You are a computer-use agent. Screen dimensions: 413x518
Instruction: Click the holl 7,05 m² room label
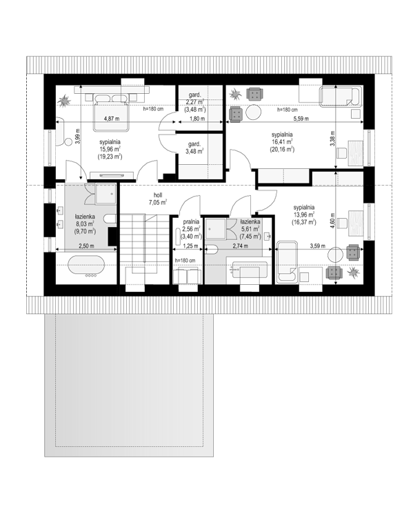tap(158, 199)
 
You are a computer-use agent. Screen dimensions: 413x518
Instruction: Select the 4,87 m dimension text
tap(112, 119)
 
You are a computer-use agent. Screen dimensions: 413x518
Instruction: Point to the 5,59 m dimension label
tap(301, 119)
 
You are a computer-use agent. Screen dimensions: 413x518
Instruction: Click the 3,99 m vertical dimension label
tap(77, 136)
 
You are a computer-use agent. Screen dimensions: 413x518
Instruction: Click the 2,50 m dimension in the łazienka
tap(86, 246)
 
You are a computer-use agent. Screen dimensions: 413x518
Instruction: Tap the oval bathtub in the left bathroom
tap(86, 266)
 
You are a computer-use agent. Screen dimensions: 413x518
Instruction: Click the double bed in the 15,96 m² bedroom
tap(110, 112)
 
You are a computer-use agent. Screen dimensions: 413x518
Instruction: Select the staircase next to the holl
tap(144, 243)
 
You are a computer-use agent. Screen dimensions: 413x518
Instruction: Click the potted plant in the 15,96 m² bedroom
tap(63, 101)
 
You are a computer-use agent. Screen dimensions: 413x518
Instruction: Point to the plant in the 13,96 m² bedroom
tap(354, 272)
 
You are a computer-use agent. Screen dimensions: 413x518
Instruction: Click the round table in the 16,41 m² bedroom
tap(254, 112)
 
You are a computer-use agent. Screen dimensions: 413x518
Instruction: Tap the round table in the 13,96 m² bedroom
tap(335, 255)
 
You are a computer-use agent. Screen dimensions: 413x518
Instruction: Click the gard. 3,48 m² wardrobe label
tap(194, 148)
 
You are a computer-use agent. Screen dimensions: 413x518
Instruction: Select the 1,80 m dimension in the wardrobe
tap(197, 119)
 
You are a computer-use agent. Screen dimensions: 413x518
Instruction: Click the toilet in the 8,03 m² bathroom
tap(110, 219)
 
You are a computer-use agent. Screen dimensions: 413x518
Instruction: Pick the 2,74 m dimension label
tap(241, 246)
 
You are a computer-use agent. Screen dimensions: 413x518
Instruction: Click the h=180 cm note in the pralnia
tap(185, 260)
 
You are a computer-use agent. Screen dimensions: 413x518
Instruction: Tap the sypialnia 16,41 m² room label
tap(282, 142)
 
